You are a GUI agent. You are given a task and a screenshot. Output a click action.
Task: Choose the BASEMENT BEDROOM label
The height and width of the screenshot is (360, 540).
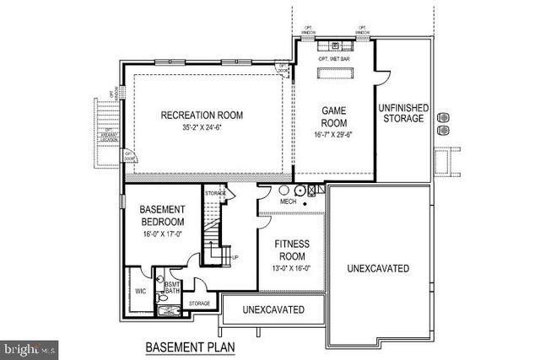pos(156,216)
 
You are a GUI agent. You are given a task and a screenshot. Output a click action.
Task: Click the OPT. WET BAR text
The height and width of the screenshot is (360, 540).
pos(335,60)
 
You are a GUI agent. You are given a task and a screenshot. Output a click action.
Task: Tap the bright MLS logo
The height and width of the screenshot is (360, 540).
pos(29,347)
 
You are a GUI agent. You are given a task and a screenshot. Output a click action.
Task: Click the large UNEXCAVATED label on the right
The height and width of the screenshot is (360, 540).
pos(378,269)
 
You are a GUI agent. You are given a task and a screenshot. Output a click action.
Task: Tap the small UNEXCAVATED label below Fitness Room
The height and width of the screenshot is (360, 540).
pos(273,310)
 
